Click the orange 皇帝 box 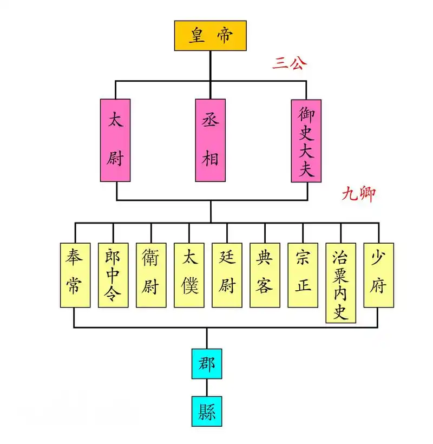pyautogui.click(x=210, y=36)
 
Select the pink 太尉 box pyautogui.click(x=115, y=140)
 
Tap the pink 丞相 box pyautogui.click(x=210, y=140)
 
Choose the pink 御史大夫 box pyautogui.click(x=306, y=140)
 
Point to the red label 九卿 pyautogui.click(x=358, y=194)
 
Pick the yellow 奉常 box pyautogui.click(x=75, y=275)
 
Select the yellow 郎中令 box pyautogui.click(x=113, y=275)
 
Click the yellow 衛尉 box pyautogui.click(x=151, y=275)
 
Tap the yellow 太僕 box pyautogui.click(x=189, y=275)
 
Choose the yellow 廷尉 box pyautogui.click(x=227, y=275)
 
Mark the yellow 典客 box pyautogui.click(x=265, y=275)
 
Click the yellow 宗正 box pyautogui.click(x=303, y=275)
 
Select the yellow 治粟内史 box pyautogui.click(x=340, y=283)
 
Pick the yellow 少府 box pyautogui.click(x=378, y=275)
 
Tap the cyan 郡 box pyautogui.click(x=207, y=363)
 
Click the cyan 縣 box pyautogui.click(x=207, y=411)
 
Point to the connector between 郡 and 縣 pyautogui.click(x=207, y=387)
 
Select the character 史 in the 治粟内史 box pyautogui.click(x=340, y=312)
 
